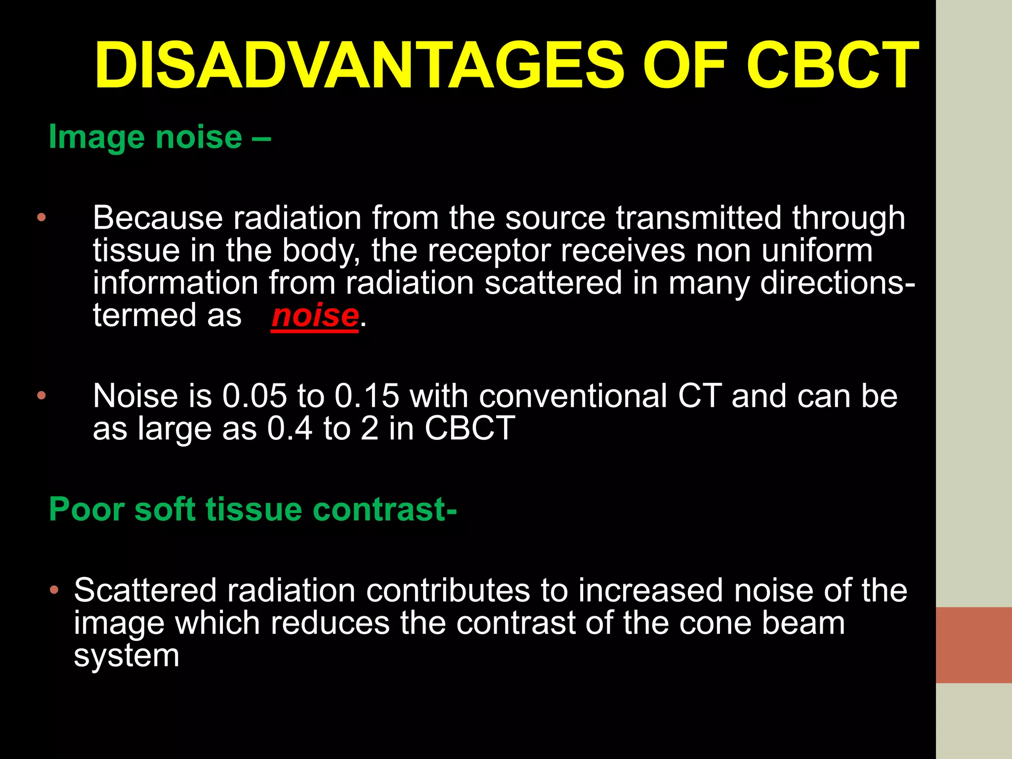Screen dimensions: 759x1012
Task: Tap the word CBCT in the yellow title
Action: (832, 66)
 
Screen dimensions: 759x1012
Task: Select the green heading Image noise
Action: (160, 137)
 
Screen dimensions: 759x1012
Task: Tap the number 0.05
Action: (254, 396)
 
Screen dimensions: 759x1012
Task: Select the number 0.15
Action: (367, 396)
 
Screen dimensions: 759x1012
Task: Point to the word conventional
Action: (573, 396)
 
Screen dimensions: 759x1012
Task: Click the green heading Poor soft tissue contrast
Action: (253, 509)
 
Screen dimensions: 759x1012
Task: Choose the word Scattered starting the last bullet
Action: (145, 590)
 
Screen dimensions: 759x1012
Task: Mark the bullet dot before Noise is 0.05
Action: (42, 395)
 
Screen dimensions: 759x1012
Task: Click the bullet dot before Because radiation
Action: (42, 217)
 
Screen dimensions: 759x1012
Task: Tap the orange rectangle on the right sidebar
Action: (973, 645)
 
